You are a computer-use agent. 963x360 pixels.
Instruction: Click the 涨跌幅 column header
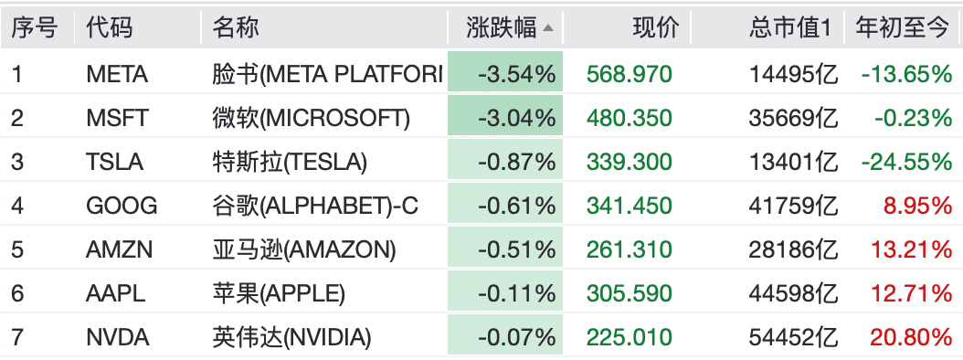click(x=502, y=27)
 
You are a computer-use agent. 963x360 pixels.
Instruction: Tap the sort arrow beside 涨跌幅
click(x=548, y=28)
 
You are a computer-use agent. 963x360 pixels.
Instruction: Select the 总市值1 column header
click(x=789, y=27)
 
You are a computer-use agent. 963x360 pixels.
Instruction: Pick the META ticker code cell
click(x=117, y=74)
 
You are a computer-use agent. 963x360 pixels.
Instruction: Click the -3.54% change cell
click(x=517, y=74)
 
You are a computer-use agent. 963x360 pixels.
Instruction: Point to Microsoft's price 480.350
click(x=630, y=118)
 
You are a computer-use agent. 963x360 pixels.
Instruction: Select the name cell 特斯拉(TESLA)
click(x=290, y=163)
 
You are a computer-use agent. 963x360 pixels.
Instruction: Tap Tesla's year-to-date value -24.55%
click(x=906, y=163)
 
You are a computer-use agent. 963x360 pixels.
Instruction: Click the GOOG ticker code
click(x=122, y=206)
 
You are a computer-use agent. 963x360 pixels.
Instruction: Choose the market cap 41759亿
click(x=793, y=206)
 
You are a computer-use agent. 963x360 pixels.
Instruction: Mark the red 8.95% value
click(x=918, y=206)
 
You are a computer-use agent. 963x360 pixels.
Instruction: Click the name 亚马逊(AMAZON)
click(x=304, y=249)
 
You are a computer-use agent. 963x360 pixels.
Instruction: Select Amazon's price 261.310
click(x=630, y=249)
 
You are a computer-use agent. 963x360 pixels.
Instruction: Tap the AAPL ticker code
click(x=115, y=293)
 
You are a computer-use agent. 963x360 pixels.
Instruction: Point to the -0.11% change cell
click(x=517, y=293)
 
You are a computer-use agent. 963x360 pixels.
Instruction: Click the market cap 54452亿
click(x=793, y=337)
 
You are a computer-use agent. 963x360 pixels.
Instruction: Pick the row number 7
click(x=17, y=337)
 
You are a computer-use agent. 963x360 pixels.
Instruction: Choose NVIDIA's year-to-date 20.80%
click(x=912, y=337)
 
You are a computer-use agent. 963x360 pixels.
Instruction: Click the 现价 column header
click(x=656, y=27)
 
